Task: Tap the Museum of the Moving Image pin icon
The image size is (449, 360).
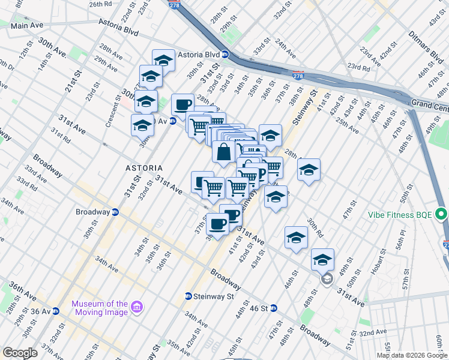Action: [137, 308]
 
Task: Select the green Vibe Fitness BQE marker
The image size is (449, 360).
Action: [441, 214]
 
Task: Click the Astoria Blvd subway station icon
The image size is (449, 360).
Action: [225, 54]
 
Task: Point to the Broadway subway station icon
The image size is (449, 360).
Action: [115, 212]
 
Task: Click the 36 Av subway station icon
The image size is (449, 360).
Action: [56, 311]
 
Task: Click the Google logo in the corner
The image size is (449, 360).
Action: [20, 352]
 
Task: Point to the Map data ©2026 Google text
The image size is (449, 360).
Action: [412, 355]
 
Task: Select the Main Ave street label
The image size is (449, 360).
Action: [28, 26]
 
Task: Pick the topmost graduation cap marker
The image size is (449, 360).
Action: [163, 60]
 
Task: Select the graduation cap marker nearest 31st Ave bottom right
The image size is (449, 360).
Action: [322, 259]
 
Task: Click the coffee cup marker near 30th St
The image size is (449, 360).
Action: [182, 104]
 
